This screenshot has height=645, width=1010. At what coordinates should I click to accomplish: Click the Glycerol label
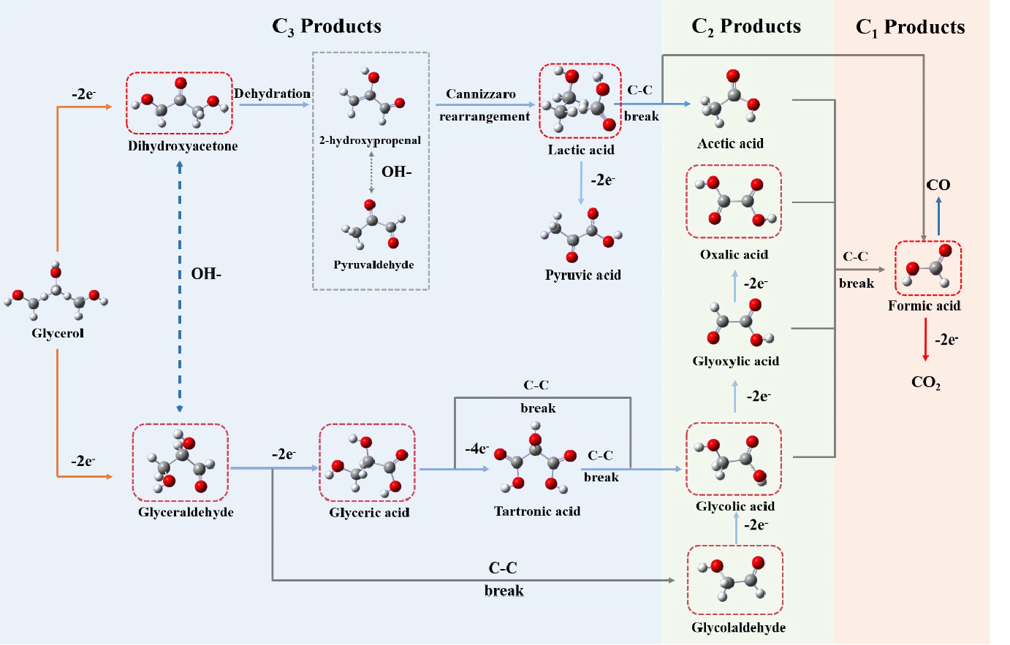click(x=58, y=333)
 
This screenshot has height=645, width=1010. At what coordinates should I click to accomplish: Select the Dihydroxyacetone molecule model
click(x=180, y=103)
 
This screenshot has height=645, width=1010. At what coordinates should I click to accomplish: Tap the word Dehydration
click(x=272, y=93)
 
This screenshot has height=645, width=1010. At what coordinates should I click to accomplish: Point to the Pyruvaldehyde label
click(x=373, y=264)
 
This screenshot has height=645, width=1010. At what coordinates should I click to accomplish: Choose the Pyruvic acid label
click(x=582, y=275)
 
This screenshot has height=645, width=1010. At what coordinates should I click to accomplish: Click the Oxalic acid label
click(x=734, y=254)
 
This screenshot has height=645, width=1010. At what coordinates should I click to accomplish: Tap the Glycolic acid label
click(x=735, y=506)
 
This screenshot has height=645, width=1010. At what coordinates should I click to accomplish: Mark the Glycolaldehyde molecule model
click(x=735, y=579)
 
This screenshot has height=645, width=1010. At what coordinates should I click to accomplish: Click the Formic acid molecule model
click(x=928, y=268)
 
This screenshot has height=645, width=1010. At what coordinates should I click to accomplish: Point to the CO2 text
click(x=926, y=382)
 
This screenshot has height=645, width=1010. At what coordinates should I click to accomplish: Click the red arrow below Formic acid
click(x=925, y=340)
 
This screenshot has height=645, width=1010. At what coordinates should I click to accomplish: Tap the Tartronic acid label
click(x=537, y=511)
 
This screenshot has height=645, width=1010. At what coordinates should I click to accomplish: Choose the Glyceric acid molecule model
click(x=367, y=463)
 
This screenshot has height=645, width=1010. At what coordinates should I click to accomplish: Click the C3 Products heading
click(x=327, y=27)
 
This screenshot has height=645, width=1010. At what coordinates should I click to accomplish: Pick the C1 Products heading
click(x=910, y=28)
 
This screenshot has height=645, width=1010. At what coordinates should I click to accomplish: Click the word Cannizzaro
click(x=481, y=94)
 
